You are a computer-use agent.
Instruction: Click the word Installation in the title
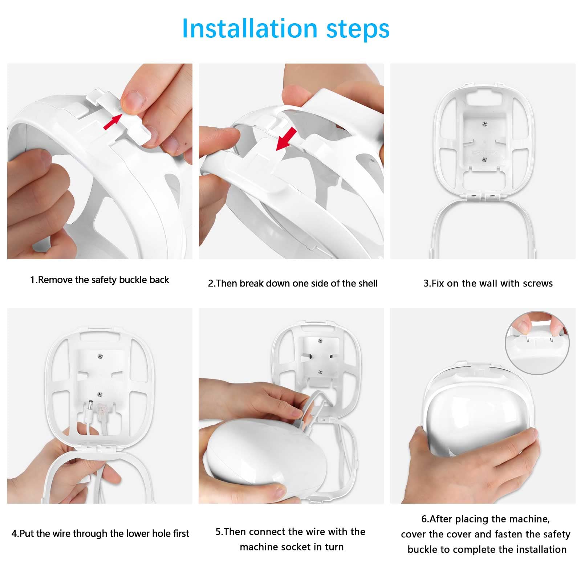point(249,28)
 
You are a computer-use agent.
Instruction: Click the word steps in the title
point(358,29)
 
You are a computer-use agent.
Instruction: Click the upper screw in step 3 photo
point(484,124)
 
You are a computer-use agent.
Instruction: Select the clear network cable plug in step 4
point(100,410)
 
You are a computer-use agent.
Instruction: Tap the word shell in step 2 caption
point(367,284)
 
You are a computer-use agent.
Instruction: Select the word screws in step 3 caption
point(537,284)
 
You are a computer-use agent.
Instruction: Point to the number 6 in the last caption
point(423,519)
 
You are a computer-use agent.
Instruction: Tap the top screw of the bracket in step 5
point(320,340)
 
